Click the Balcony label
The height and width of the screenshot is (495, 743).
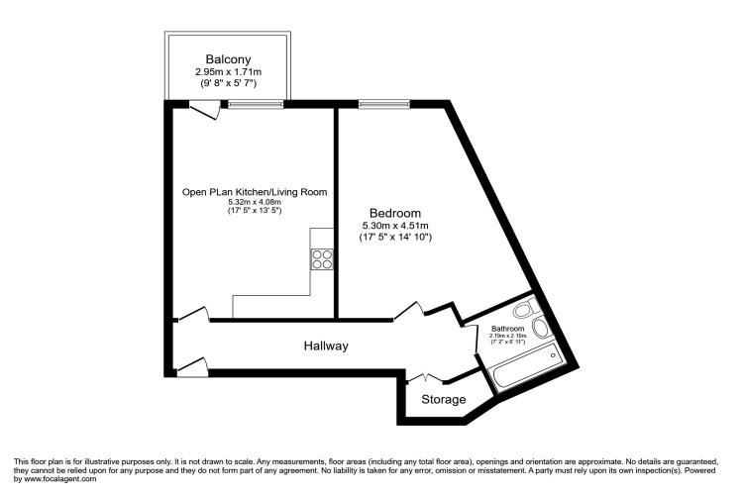228,58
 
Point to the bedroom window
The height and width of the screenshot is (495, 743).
384,103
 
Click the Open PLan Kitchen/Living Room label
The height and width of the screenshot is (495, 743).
254,191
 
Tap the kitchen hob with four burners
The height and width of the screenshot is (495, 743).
323,259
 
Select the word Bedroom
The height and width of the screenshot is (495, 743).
395,213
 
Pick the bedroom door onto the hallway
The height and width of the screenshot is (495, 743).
408,310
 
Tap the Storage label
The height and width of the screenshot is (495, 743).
443,400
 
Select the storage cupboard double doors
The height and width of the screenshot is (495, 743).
427,377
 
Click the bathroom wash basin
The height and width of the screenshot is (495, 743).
541,327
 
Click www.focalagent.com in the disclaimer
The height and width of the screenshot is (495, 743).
55,479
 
